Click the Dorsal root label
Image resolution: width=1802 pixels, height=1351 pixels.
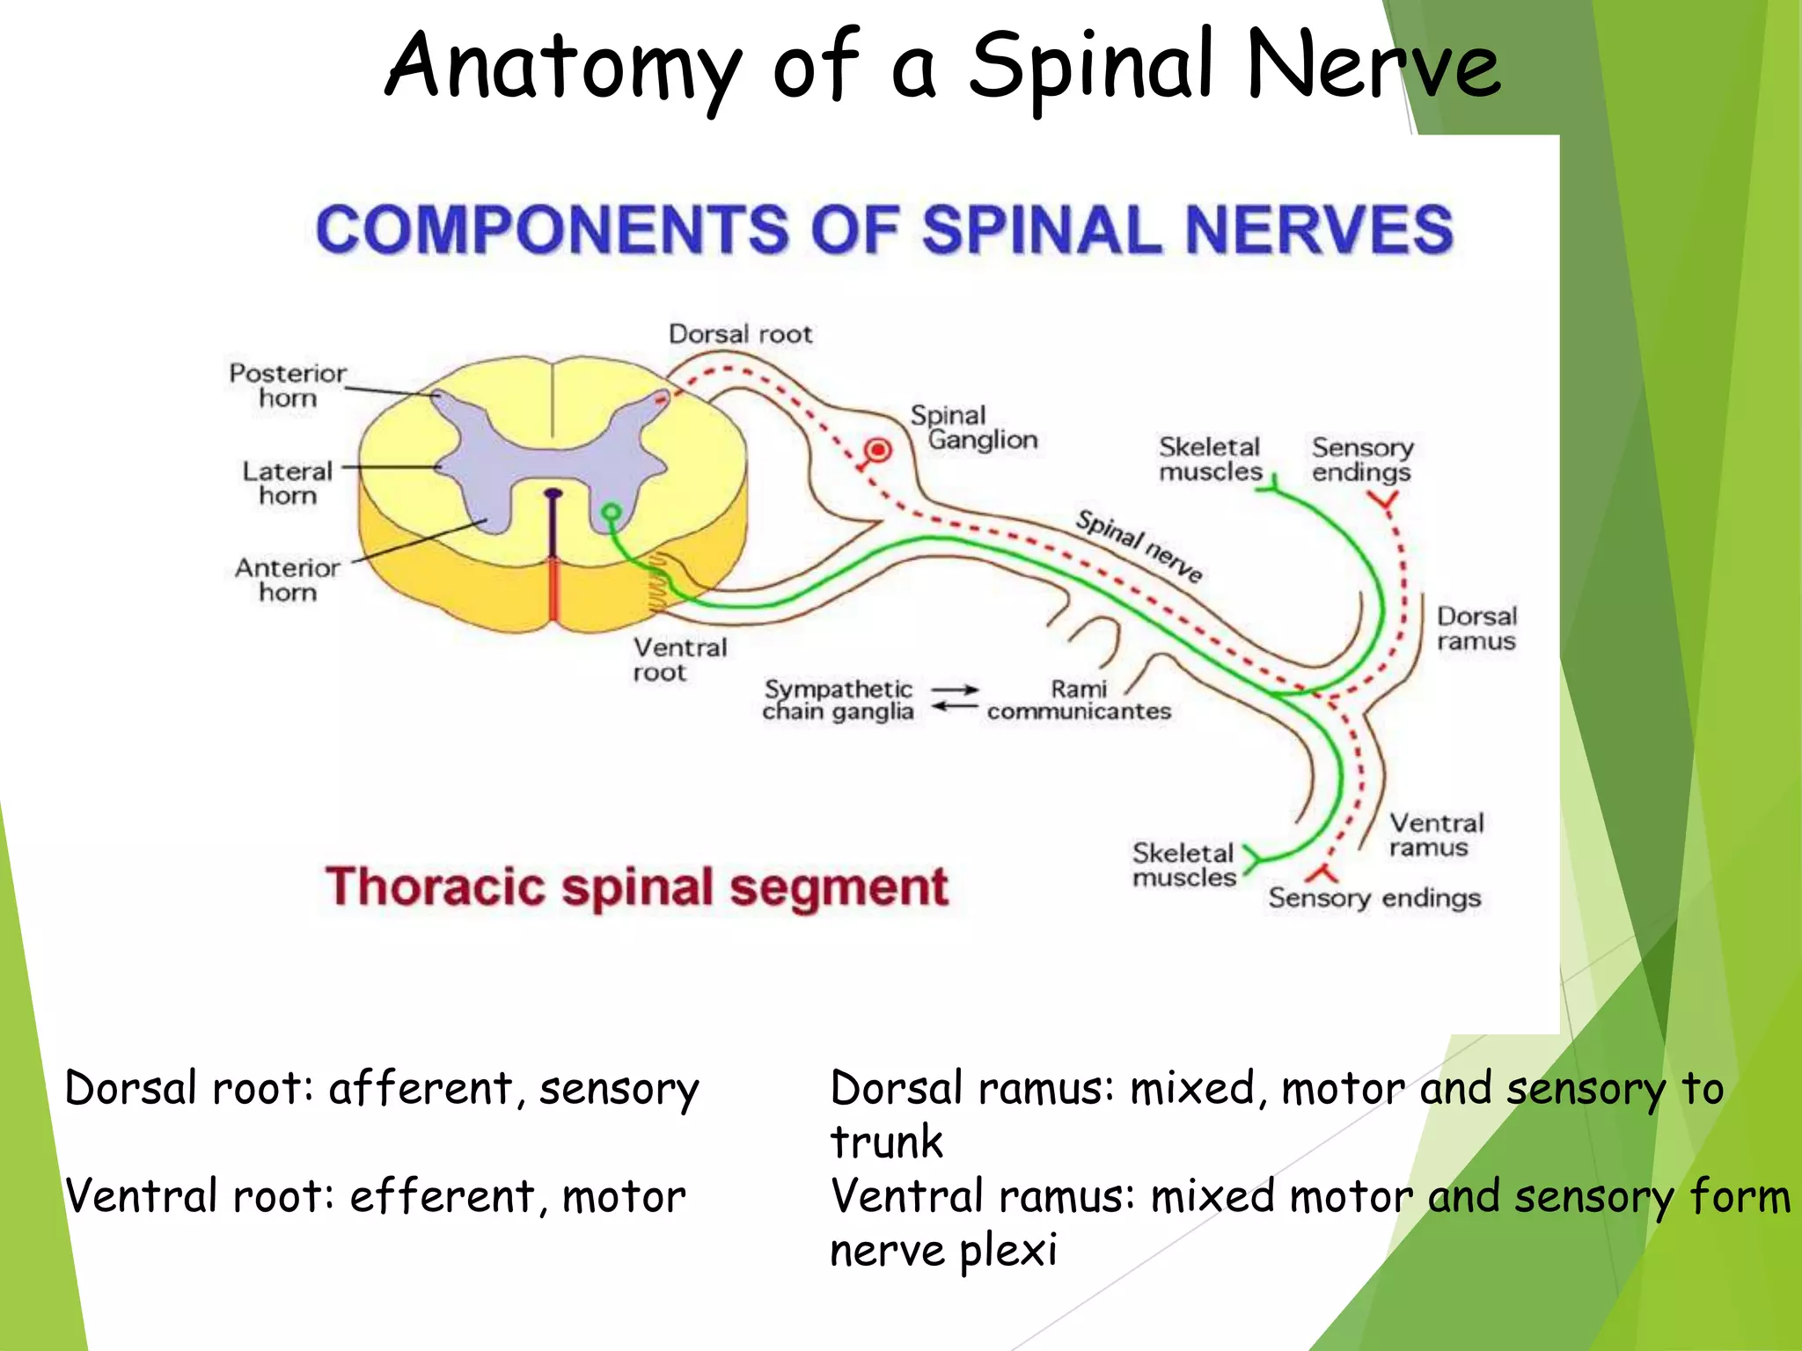click(x=740, y=334)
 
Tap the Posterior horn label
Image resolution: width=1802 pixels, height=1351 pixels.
click(x=287, y=385)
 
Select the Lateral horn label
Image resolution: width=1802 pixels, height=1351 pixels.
click(x=287, y=483)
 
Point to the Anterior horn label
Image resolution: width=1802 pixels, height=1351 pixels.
click(x=287, y=580)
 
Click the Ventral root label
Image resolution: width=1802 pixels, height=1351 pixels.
click(x=679, y=660)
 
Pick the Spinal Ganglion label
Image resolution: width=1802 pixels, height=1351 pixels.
click(x=973, y=427)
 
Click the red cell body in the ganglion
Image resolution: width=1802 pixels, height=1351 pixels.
click(x=876, y=450)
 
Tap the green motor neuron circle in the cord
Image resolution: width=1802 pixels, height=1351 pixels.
click(x=611, y=512)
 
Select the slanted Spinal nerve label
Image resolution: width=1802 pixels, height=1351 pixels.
click(x=1139, y=545)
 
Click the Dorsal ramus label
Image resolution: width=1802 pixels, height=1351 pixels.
click(x=1476, y=628)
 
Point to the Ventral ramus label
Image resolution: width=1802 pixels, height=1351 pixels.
click(x=1436, y=835)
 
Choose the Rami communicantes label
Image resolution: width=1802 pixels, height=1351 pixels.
click(x=1079, y=700)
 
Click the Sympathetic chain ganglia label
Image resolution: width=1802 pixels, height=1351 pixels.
click(x=838, y=700)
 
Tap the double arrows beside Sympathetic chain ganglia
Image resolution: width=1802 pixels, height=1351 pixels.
click(x=955, y=698)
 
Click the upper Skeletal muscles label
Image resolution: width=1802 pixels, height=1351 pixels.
click(x=1210, y=459)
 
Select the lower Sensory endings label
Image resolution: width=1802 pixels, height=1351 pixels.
click(x=1374, y=898)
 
